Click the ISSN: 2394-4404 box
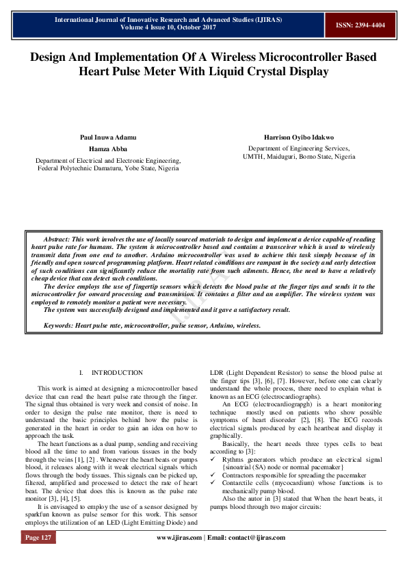click(360, 25)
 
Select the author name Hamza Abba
click(109, 148)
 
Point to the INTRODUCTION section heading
click(118, 373)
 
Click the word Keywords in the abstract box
click(59, 326)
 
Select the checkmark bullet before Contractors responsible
click(213, 474)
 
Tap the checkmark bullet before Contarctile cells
click(213, 482)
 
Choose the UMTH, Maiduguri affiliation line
click(299, 156)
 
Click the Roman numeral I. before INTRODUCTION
click(81, 373)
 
